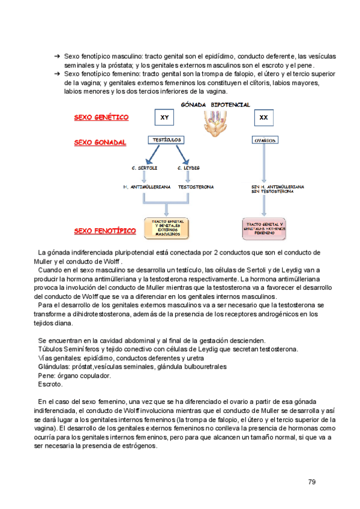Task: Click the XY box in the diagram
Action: tap(164, 118)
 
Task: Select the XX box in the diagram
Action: tap(263, 118)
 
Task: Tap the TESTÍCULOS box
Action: tap(164, 140)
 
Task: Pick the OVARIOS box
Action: tap(264, 140)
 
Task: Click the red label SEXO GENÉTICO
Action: tap(101, 118)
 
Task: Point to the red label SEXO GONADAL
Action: tap(100, 143)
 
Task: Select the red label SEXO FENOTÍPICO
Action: tap(104, 230)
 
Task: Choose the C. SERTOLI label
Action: tap(143, 168)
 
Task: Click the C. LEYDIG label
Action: tap(189, 168)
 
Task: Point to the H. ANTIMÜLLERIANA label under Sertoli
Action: tap(147, 187)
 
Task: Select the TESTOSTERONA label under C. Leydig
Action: tap(196, 187)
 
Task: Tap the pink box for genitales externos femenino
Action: tap(264, 228)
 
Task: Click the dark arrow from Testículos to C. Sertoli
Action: tap(151, 154)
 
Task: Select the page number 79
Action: tap(311, 482)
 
